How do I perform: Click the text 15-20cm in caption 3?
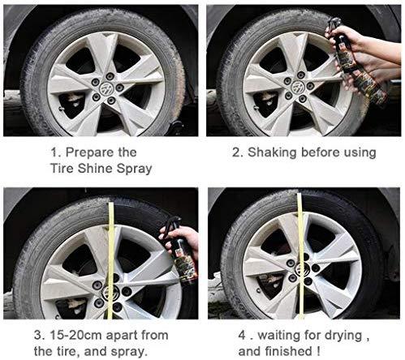point(69,334)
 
